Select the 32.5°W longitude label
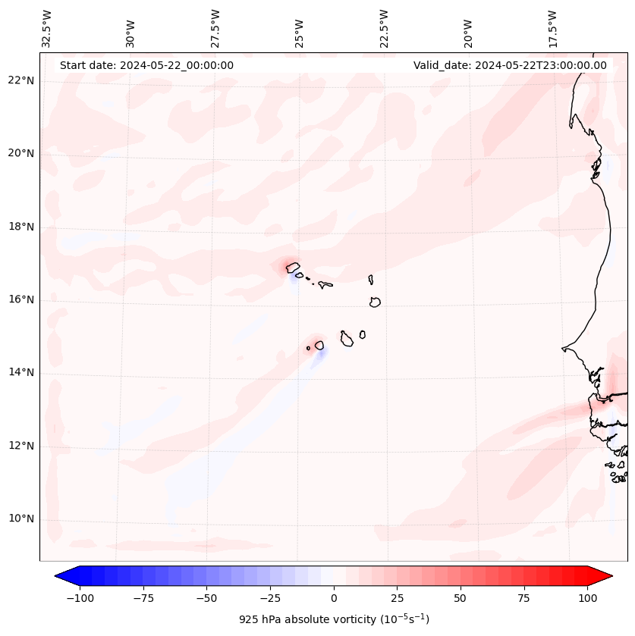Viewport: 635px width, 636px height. click(x=46, y=29)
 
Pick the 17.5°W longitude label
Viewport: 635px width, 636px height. click(x=552, y=29)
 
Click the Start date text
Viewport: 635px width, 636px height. click(x=146, y=65)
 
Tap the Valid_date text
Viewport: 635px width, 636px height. click(x=510, y=65)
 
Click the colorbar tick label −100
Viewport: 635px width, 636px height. click(x=79, y=598)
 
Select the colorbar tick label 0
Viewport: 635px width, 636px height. click(x=333, y=598)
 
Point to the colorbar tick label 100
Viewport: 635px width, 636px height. click(x=587, y=598)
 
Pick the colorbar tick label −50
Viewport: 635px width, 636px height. click(x=206, y=598)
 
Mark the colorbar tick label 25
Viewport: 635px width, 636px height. click(x=397, y=598)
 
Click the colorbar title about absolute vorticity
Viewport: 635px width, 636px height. click(x=334, y=619)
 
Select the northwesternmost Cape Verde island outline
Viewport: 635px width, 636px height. click(x=292, y=267)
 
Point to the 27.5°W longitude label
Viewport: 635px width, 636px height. click(x=215, y=29)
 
